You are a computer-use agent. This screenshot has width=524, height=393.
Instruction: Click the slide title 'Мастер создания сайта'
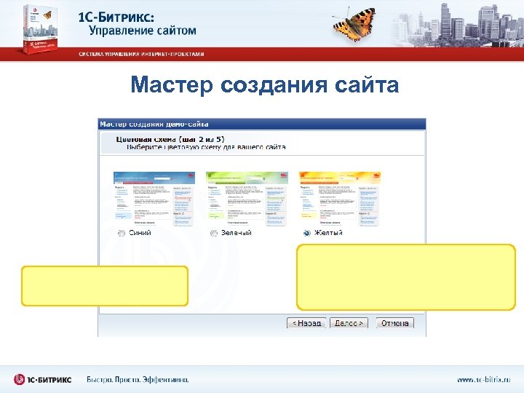pyautogui.click(x=265, y=86)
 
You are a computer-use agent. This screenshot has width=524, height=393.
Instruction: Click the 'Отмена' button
pyautogui.click(x=394, y=323)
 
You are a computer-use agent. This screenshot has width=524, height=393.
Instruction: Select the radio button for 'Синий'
pyautogui.click(x=122, y=233)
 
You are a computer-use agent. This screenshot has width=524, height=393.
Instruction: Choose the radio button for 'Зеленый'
pyautogui.click(x=214, y=233)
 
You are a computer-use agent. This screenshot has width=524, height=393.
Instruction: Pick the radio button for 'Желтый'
pyautogui.click(x=306, y=233)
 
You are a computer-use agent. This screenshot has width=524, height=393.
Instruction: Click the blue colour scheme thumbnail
pyautogui.click(x=143, y=198)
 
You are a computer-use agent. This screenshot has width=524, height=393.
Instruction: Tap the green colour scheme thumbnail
pyautogui.click(x=237, y=198)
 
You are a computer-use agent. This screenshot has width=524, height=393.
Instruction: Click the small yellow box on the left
pyautogui.click(x=105, y=285)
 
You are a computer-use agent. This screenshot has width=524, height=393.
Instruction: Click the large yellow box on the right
pyautogui.click(x=405, y=277)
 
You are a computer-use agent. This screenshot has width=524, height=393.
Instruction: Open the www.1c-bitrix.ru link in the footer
pyautogui.click(x=484, y=379)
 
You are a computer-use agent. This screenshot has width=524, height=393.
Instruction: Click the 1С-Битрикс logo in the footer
pyautogui.click(x=44, y=379)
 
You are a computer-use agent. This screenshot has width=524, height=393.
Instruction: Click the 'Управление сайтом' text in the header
pyautogui.click(x=143, y=31)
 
